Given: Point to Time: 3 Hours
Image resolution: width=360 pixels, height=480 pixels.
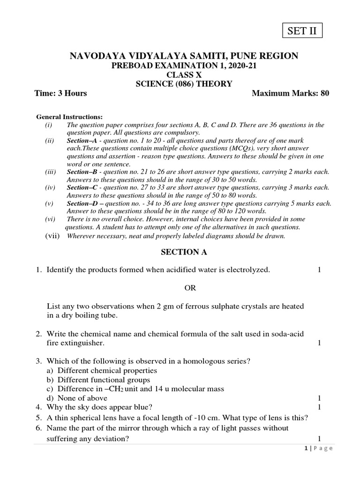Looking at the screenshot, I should [x=61, y=93].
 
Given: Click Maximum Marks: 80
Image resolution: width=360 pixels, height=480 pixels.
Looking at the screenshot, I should [x=291, y=93].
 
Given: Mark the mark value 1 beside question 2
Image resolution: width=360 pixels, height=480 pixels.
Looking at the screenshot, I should [x=319, y=343].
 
